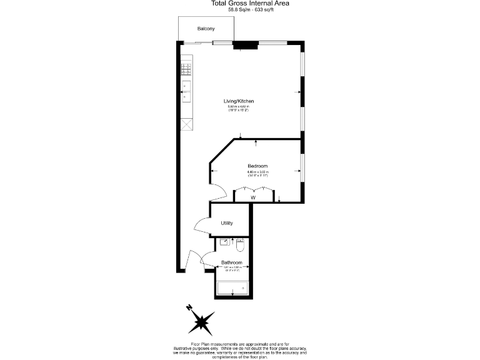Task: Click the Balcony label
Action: tap(206, 29)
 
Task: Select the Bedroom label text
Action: tap(257, 166)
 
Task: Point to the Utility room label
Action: tap(227, 223)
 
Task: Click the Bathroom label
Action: tap(231, 262)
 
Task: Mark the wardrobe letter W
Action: tap(253, 197)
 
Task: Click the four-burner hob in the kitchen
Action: tap(186, 69)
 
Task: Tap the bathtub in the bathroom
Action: tap(232, 289)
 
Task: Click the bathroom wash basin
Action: tap(223, 241)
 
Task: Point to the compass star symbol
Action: tap(201, 321)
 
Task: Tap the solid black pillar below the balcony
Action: tap(246, 44)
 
